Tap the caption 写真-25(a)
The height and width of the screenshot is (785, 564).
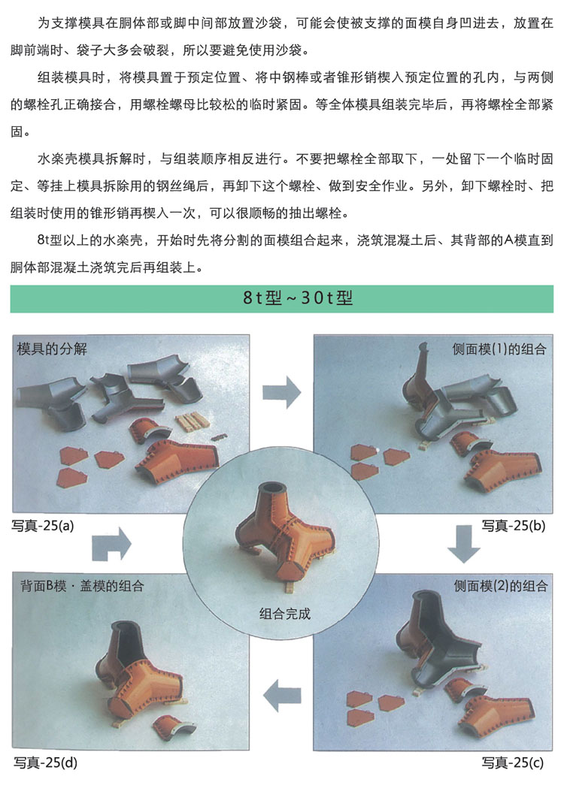(43, 526)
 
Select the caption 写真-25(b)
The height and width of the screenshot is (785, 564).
(514, 526)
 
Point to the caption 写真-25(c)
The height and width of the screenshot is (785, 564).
(512, 762)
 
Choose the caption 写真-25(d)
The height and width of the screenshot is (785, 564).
(45, 762)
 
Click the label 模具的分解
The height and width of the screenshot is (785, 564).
(52, 349)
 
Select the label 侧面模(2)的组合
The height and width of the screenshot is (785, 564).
(500, 586)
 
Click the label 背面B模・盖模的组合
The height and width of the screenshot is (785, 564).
(82, 586)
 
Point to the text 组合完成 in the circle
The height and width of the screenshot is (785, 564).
(285, 613)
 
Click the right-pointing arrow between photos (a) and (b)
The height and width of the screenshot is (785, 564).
(281, 392)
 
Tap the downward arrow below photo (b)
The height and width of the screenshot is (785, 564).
(464, 544)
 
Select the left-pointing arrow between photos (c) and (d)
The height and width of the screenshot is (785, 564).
(282, 696)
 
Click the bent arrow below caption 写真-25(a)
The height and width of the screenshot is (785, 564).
(111, 544)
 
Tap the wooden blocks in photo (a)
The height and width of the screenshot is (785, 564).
(191, 421)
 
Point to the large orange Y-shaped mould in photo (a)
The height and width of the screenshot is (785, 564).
(177, 461)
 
